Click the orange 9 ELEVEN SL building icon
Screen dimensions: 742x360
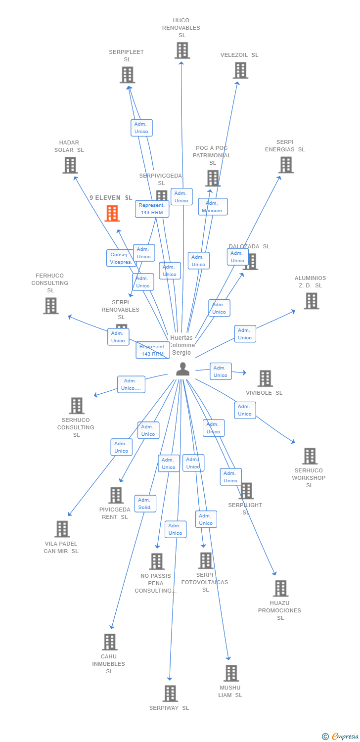113,213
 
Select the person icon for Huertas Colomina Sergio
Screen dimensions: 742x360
183,369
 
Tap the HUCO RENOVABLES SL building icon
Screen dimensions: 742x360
182,50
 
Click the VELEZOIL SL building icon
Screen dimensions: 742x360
240,70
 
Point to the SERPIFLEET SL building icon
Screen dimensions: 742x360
128,75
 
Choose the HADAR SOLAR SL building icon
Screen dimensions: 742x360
70,165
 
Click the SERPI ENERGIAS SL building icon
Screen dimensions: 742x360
286,165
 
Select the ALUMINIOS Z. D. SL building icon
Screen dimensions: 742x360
311,301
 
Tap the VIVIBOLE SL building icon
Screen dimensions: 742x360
265,378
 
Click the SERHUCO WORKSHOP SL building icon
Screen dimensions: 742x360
310,456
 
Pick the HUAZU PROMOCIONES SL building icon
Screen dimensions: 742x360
281,588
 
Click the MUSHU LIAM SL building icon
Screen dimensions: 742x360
231,673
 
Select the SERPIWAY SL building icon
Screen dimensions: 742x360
170,694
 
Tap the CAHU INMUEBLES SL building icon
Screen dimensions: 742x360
109,642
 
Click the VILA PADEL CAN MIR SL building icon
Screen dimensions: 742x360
62,529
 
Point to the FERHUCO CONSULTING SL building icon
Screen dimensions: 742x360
50,306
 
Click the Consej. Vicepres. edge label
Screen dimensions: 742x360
120,258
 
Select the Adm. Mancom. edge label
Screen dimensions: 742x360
213,207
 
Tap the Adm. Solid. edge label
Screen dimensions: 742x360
145,504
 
